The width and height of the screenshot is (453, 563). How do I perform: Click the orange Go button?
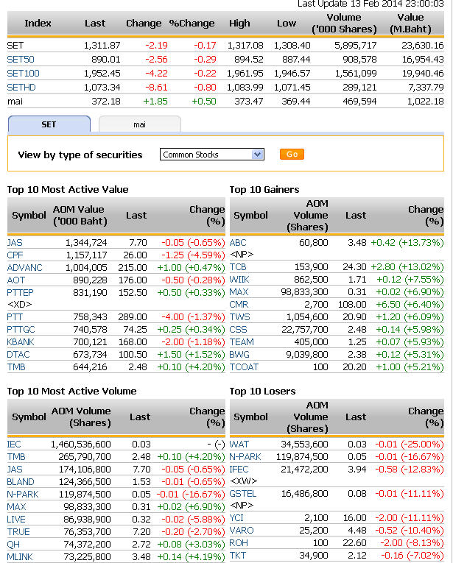coord(292,155)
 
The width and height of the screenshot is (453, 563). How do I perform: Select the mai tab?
coord(139,124)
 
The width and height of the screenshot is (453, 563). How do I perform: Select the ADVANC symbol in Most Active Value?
coord(24,267)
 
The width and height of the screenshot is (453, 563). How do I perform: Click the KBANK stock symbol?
coord(21,341)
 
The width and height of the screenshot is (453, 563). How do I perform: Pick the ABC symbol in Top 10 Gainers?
coord(238,242)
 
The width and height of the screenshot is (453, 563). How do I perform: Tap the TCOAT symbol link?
coord(244,367)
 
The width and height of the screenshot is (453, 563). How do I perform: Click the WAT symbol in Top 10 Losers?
coord(239,444)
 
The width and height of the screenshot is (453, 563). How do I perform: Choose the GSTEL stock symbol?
coord(243,493)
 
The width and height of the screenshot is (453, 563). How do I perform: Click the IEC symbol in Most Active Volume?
coord(14,444)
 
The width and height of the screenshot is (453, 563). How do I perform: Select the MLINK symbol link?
coord(21,556)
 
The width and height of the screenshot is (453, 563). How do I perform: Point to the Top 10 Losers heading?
coord(262,391)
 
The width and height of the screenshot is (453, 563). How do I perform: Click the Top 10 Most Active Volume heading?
coord(71,391)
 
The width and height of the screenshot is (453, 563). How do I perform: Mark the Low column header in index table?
coord(287,23)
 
